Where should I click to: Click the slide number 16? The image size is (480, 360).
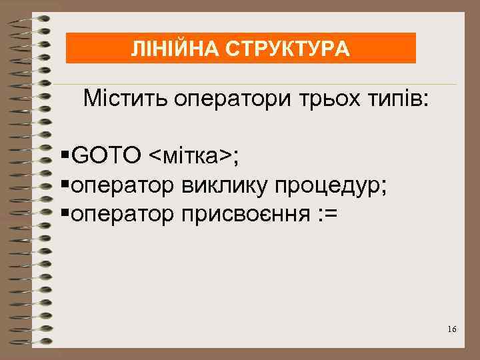tap(453, 330)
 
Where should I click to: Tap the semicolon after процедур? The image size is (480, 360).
tap(383, 187)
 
